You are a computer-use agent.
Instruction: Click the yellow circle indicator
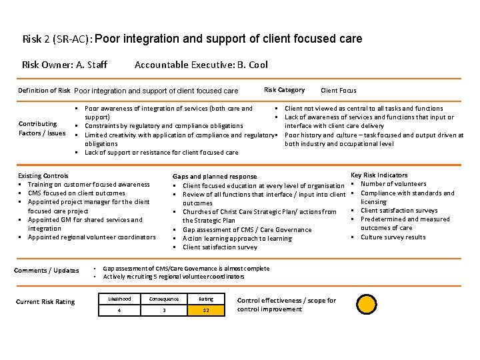tap(366, 304)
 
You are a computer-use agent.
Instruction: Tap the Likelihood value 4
tap(119, 311)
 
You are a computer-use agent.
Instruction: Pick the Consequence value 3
tap(163, 311)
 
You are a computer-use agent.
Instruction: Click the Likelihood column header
tap(119, 299)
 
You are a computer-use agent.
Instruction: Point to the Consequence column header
tap(163, 299)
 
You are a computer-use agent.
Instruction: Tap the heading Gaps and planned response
tap(215, 177)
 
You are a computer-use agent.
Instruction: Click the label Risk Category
tap(284, 90)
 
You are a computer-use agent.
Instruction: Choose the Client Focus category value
tap(339, 90)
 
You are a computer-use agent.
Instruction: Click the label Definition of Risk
tap(44, 90)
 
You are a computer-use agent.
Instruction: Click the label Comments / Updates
tap(47, 270)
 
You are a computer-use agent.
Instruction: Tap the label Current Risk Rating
tap(45, 302)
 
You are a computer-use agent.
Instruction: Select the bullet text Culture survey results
tap(393, 237)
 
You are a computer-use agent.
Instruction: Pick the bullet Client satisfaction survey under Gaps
tap(219, 247)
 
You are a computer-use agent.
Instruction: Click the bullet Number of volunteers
tap(393, 184)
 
